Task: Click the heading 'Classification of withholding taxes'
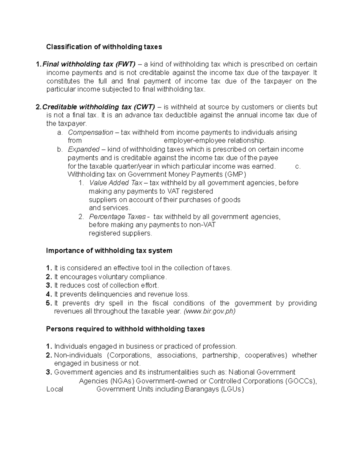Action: pos(104,47)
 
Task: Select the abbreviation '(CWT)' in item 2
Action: pos(144,107)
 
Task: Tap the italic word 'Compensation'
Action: pos(91,133)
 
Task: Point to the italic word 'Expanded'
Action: pos(84,149)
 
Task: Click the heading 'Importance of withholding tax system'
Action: pos(109,251)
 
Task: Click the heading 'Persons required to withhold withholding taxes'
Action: pos(125,329)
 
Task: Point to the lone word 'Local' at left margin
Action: pos(55,389)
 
